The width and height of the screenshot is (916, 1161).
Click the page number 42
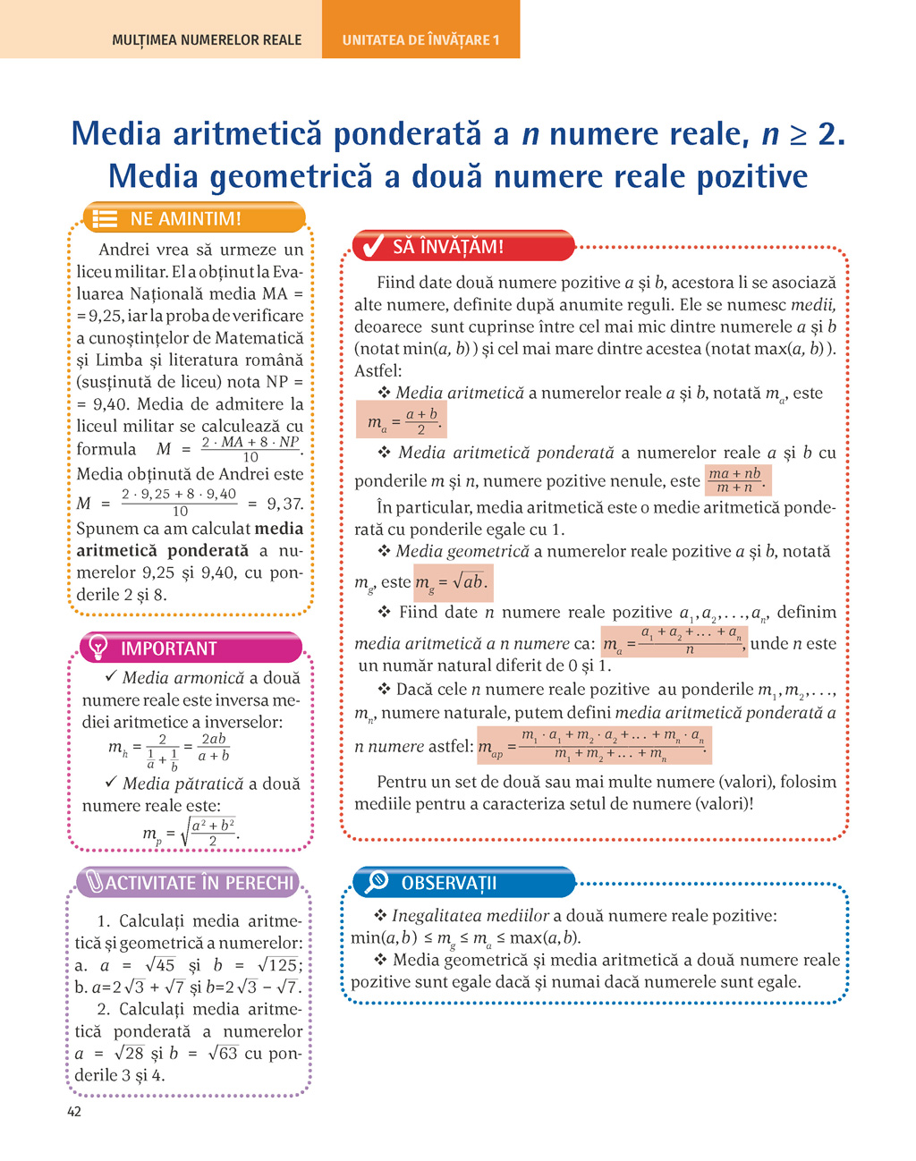click(x=73, y=1112)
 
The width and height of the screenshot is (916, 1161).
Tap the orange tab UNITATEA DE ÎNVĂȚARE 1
click(x=420, y=40)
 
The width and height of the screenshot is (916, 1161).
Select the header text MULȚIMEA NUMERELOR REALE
click(x=207, y=40)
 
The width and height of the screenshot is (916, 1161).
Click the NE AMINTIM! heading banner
click(x=194, y=218)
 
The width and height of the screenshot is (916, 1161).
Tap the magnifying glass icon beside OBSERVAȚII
click(x=377, y=882)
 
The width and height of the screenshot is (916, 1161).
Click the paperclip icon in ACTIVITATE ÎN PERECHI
click(x=94, y=883)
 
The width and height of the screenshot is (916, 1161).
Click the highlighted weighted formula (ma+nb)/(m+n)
click(x=736, y=480)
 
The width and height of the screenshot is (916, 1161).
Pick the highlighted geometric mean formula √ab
click(x=452, y=582)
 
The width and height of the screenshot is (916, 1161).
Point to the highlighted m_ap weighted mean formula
click(x=595, y=746)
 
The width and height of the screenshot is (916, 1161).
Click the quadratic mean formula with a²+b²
click(x=191, y=834)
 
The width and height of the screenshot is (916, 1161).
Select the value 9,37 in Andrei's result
click(x=284, y=504)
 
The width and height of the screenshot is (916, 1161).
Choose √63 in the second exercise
click(x=222, y=1053)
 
